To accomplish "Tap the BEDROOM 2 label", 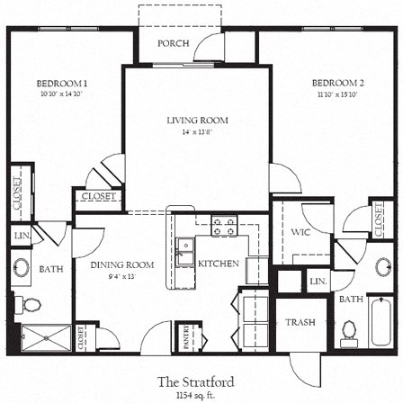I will [337, 84].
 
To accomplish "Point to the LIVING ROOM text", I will [197, 120].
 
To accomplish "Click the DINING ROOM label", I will [122, 264].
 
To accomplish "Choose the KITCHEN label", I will [219, 264].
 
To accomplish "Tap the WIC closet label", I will [300, 231].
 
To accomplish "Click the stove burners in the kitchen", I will [223, 228].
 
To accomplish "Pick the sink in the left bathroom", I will [22, 267].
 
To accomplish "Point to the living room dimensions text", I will [197, 131].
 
